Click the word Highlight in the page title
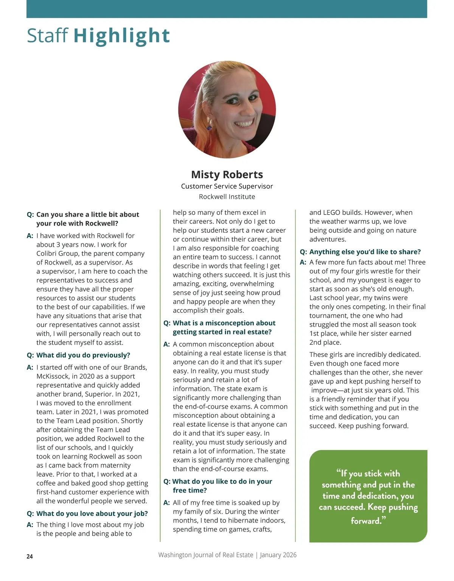pos(121,36)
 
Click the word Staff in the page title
pos(47,36)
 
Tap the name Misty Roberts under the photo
pos(227,174)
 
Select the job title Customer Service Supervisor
pos(227,186)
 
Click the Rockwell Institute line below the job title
pos(227,197)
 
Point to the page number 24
pos(30,556)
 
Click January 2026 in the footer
pos(278,555)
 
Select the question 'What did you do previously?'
pos(83,355)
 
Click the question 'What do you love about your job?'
pos(92,514)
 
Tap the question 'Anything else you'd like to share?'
pos(365,252)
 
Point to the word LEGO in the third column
pos(331,213)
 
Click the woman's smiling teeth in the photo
pos(244,124)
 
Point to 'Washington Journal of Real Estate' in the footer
pos(205,555)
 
